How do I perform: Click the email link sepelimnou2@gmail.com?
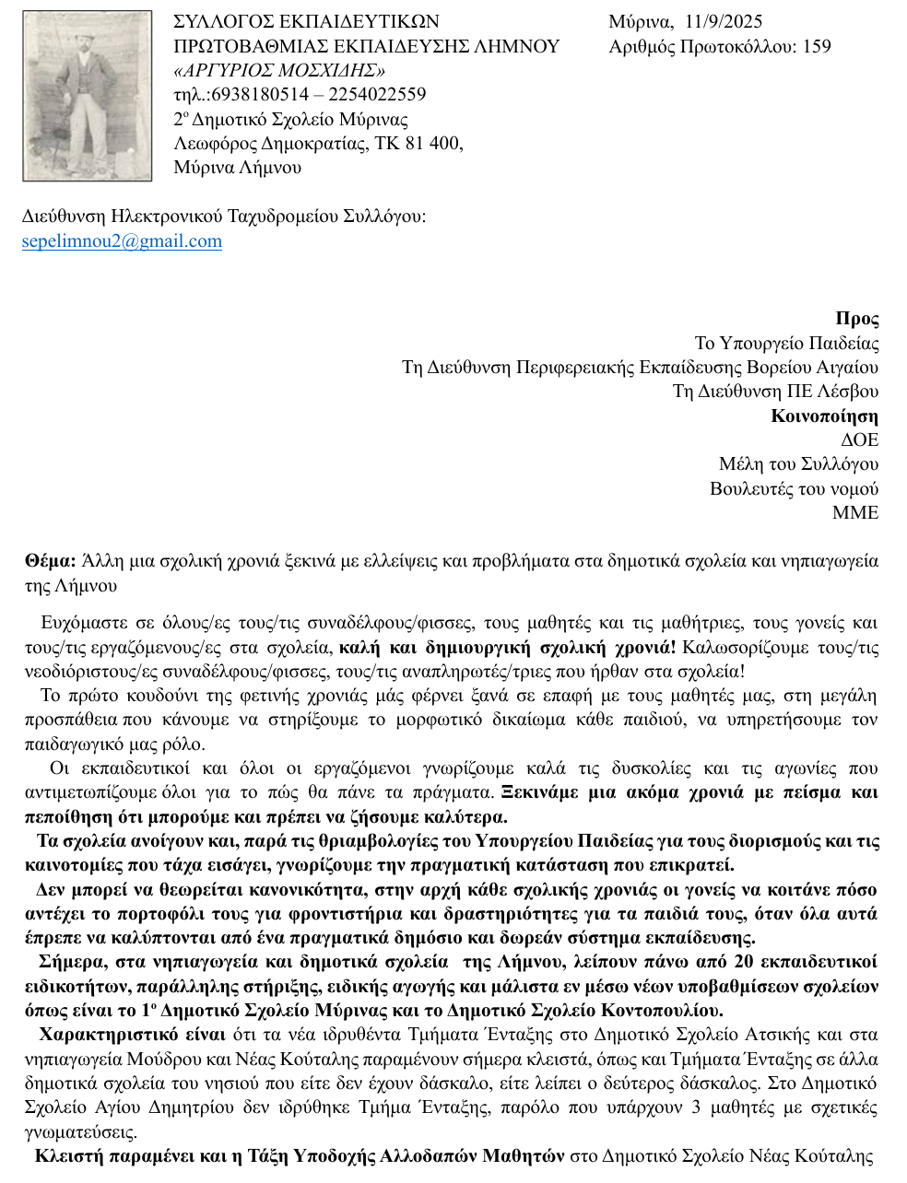click(x=122, y=241)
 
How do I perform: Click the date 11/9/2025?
click(x=724, y=22)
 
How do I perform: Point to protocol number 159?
click(x=817, y=46)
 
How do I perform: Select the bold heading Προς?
click(x=856, y=319)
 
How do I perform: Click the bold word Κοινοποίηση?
click(x=824, y=416)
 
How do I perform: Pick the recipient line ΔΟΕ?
click(x=859, y=439)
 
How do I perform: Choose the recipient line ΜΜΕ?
click(x=855, y=512)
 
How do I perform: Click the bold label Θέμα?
click(x=51, y=561)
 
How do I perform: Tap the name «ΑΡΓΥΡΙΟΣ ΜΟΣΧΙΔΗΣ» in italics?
click(x=278, y=70)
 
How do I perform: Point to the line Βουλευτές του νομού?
click(x=794, y=488)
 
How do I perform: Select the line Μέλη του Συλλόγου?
click(x=798, y=463)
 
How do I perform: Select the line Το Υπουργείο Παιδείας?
click(x=786, y=344)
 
